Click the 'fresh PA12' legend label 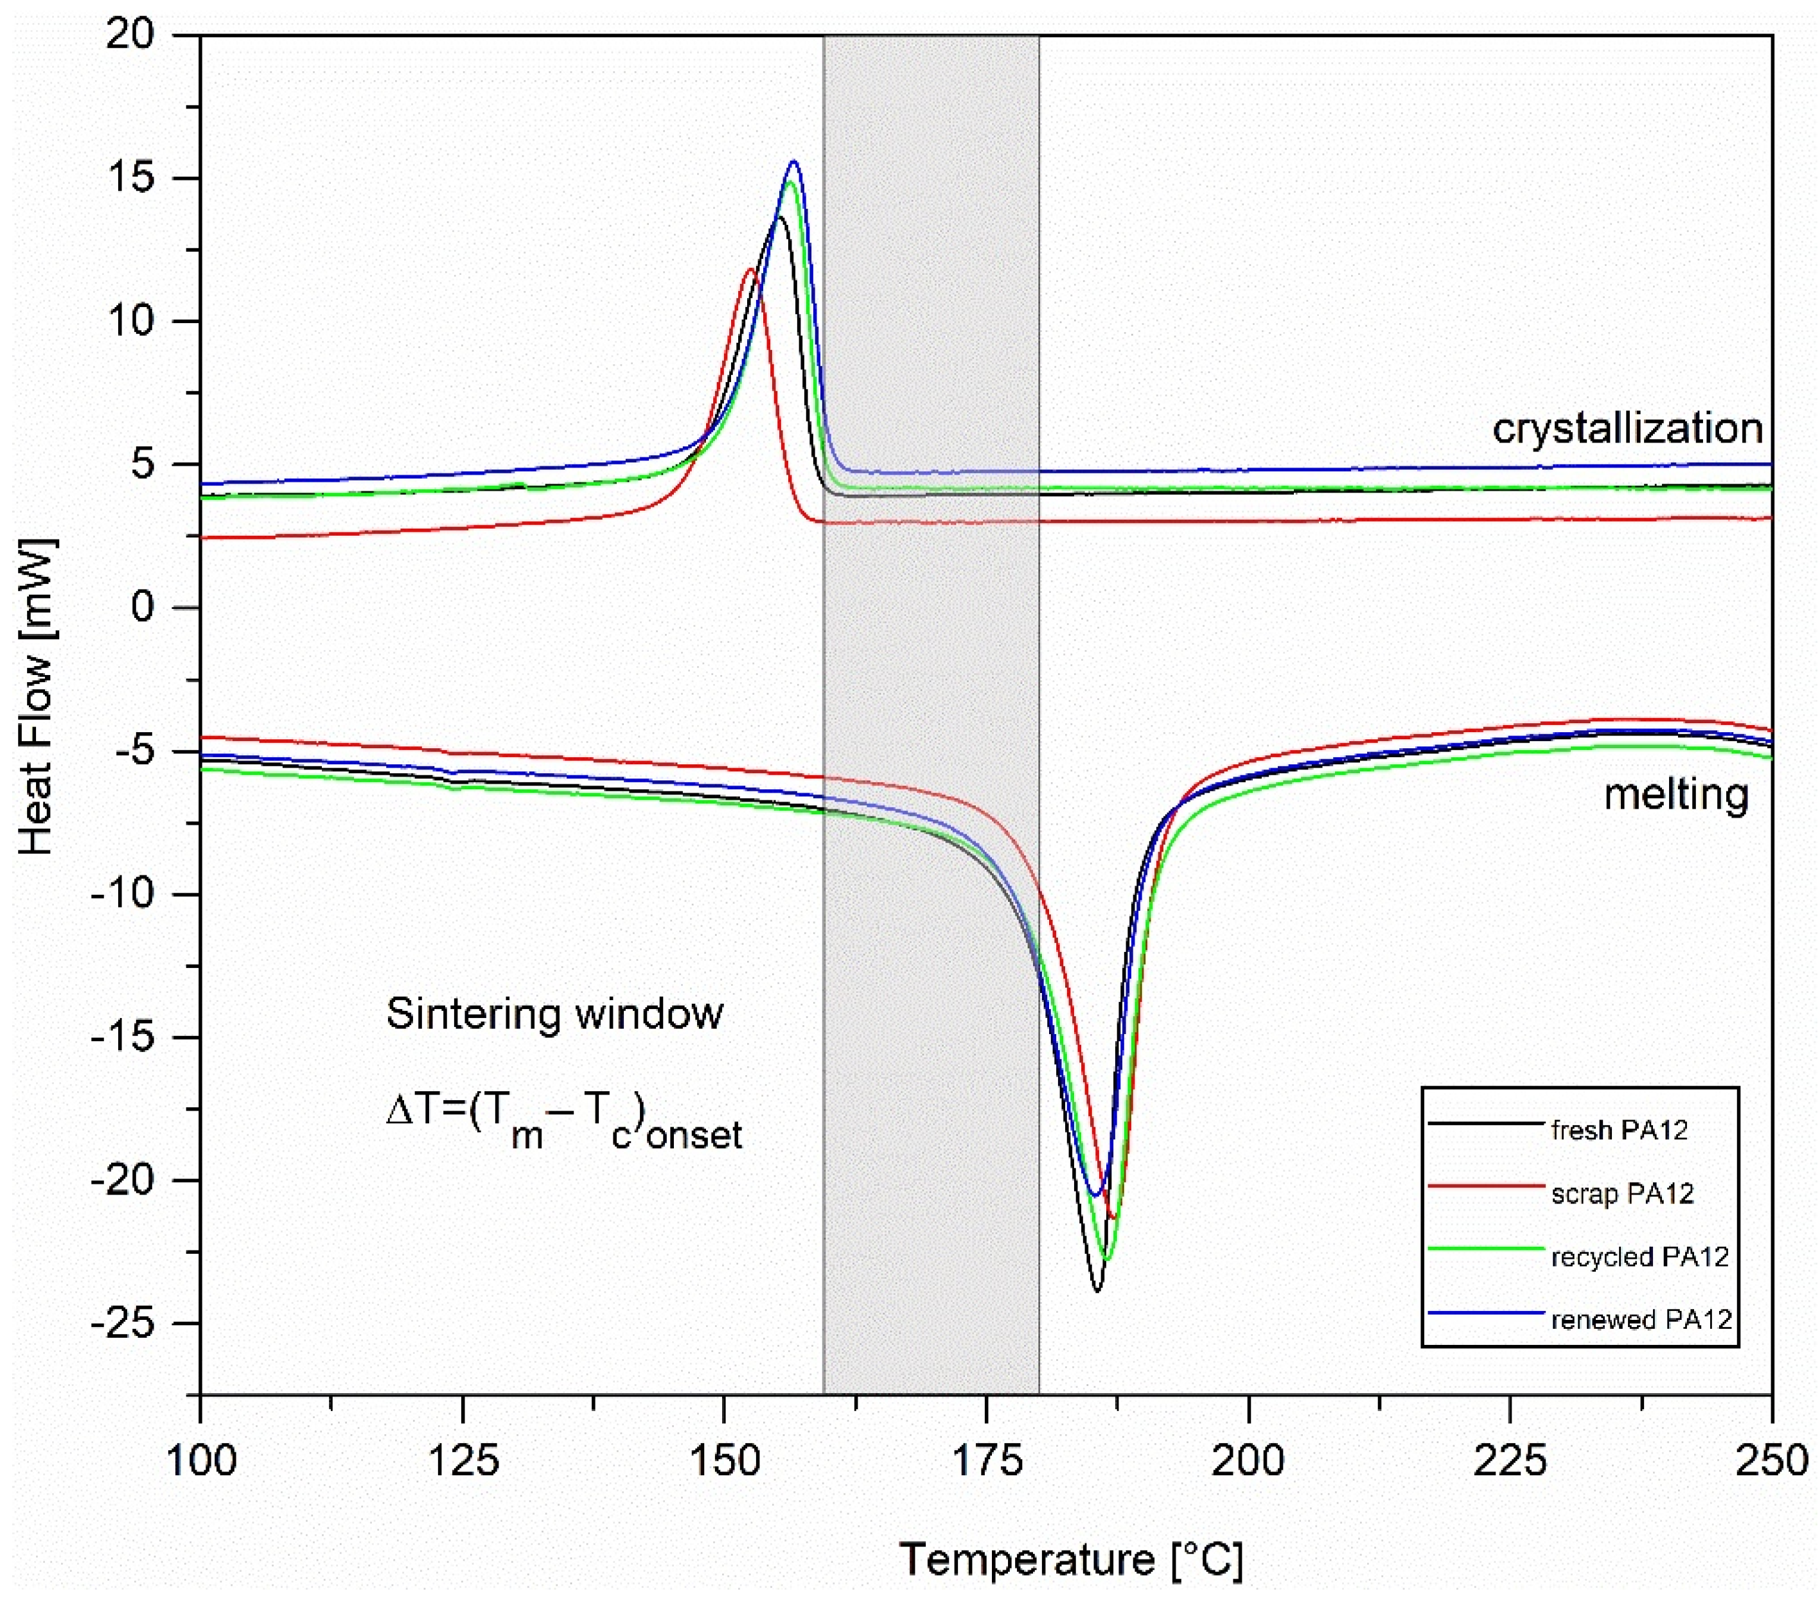[1619, 1130]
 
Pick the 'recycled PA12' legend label [1639, 1256]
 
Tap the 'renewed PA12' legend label [1641, 1319]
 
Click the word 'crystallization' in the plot [1627, 428]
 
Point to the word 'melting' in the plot [1675, 793]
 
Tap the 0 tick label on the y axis [143, 608]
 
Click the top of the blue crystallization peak [793, 161]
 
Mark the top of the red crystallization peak [750, 269]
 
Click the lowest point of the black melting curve [1097, 1291]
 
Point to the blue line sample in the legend [1485, 1312]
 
